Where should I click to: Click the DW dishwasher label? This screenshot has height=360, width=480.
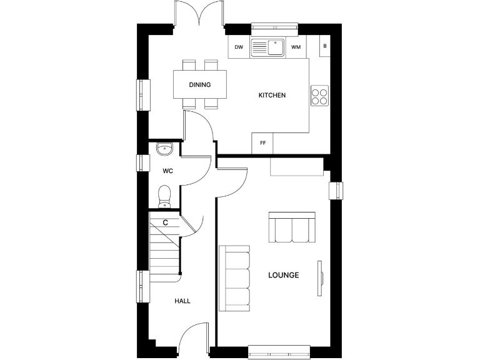239,47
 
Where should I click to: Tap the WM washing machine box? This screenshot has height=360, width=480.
296,47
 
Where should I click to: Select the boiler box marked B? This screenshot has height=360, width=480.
324,46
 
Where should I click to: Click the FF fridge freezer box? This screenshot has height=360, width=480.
262,143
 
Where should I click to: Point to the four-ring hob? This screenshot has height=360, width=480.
319,94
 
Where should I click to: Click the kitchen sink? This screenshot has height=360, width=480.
268,47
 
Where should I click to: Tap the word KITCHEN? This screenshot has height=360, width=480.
272,96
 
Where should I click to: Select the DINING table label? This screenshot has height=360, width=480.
199,85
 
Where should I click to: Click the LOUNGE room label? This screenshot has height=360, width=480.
283,275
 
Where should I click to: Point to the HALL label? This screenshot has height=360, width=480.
182,301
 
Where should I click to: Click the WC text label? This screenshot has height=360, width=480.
167,171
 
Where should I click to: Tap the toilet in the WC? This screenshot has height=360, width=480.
165,195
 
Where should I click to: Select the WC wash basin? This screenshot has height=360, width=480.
164,149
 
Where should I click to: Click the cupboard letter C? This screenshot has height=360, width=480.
165,222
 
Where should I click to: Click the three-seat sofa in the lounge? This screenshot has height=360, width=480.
235,278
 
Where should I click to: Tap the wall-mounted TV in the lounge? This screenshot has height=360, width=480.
321,275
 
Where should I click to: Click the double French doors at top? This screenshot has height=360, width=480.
199,14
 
